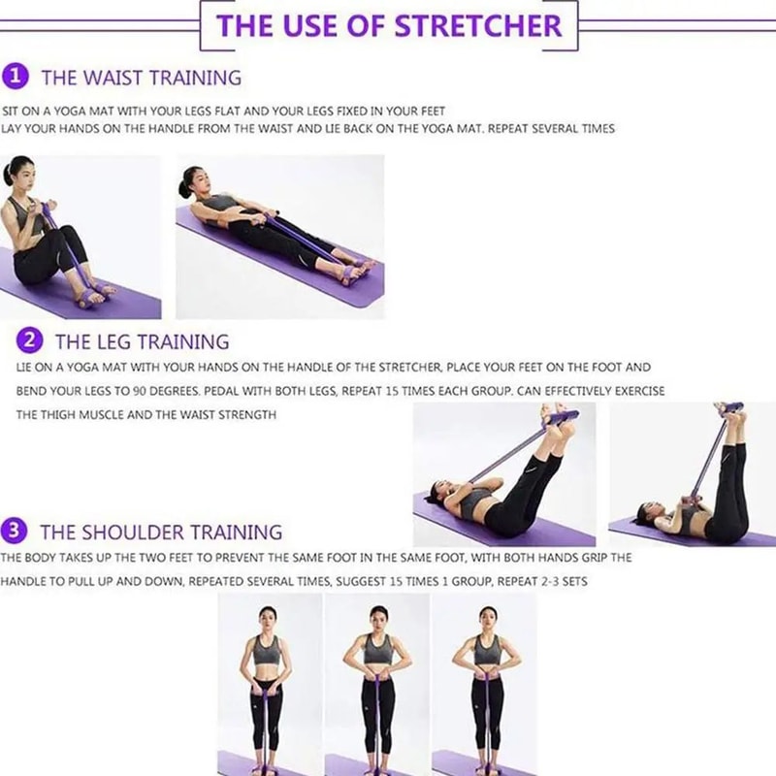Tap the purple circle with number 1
(16, 76)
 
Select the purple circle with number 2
(31, 340)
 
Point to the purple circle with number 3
(16, 531)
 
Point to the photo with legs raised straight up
(692, 473)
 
